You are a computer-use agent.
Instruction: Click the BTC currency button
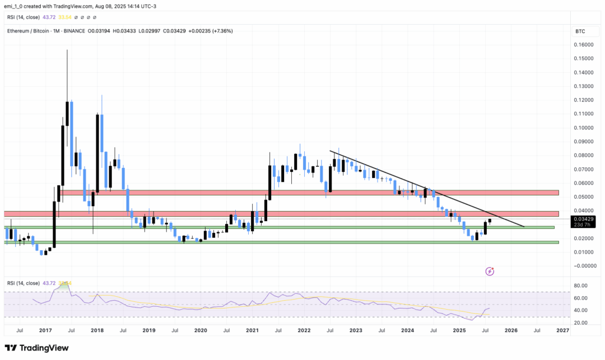580,30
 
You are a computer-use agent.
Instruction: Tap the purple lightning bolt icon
489,271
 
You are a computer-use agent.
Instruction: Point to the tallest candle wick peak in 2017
67,51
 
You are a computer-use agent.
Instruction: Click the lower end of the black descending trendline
523,226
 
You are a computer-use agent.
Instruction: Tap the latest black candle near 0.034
489,221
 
